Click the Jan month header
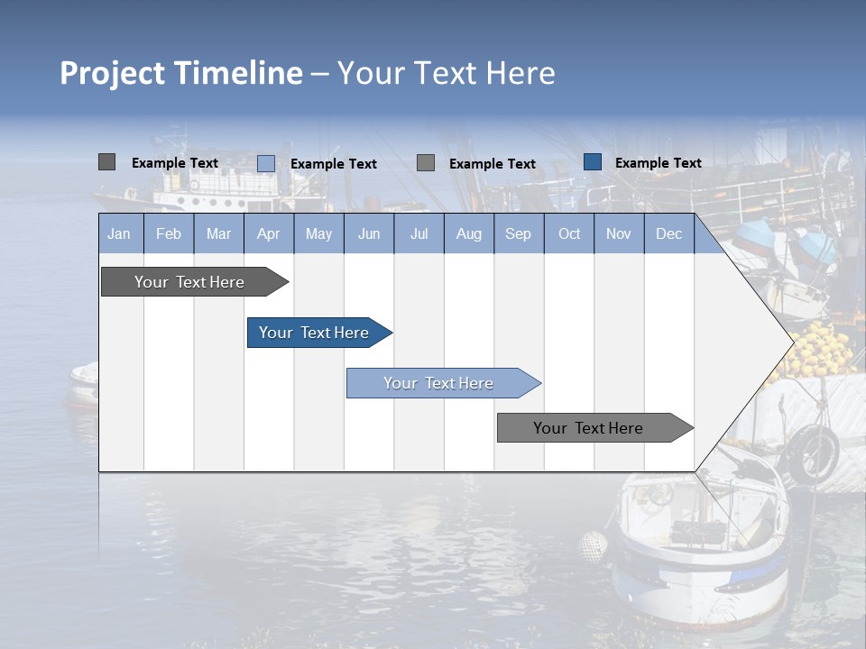pyautogui.click(x=119, y=233)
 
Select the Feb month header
pyautogui.click(x=169, y=233)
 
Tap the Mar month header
pyautogui.click(x=218, y=233)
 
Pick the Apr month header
pyautogui.click(x=268, y=233)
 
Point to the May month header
pyautogui.click(x=318, y=233)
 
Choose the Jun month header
pyautogui.click(x=369, y=233)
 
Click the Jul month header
pyautogui.click(x=419, y=233)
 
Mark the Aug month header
pyautogui.click(x=468, y=233)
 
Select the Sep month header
pyautogui.click(x=518, y=233)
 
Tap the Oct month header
pyautogui.click(x=569, y=233)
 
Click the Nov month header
pyautogui.click(x=618, y=233)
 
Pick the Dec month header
pyautogui.click(x=668, y=233)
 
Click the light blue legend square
pyautogui.click(x=266, y=163)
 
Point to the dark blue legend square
pyautogui.click(x=593, y=162)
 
